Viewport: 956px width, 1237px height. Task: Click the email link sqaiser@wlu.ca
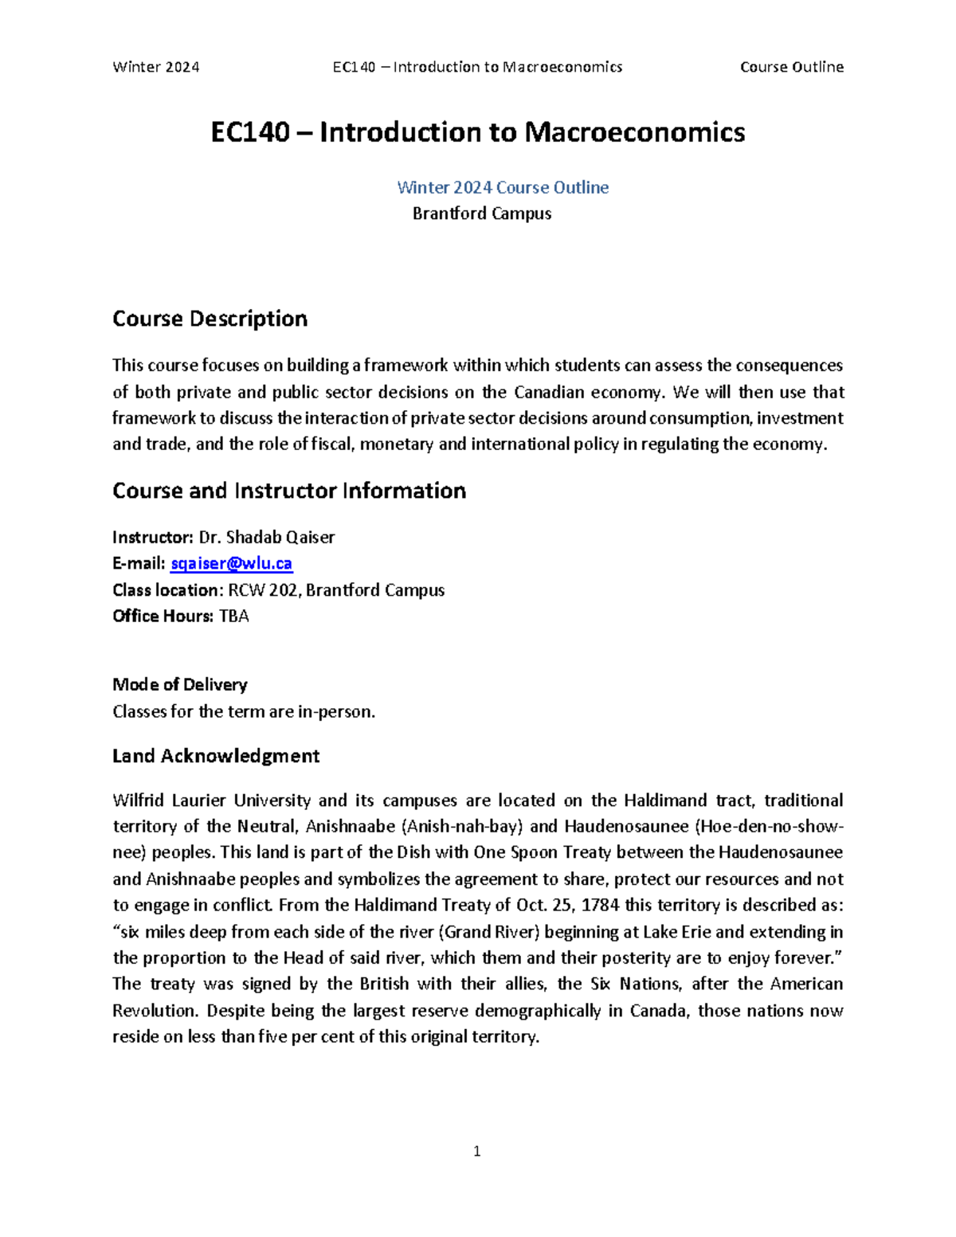231,563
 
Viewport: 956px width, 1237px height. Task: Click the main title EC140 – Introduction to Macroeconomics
477,132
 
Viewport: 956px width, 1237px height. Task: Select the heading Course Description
210,319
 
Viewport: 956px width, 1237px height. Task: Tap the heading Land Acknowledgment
216,756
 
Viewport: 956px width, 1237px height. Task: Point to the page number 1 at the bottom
476,1151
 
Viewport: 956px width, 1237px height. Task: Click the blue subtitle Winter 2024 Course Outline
503,187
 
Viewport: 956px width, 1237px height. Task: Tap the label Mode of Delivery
180,684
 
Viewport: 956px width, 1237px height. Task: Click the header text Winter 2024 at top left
156,67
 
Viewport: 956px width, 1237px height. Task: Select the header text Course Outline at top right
791,67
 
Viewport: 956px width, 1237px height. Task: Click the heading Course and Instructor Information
289,491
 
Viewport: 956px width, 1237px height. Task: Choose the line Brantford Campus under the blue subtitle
482,213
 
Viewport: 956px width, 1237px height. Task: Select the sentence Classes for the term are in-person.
244,711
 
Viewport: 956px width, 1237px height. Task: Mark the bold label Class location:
167,590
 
